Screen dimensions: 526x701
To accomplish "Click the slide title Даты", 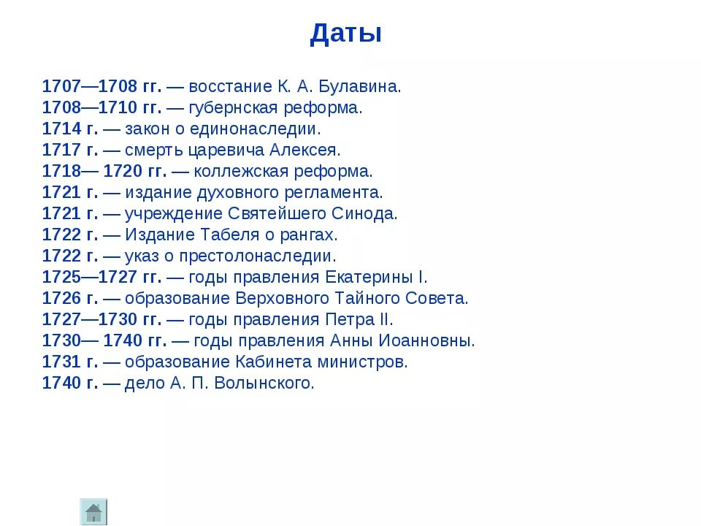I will [x=345, y=34].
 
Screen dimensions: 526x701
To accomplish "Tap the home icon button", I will [x=93, y=511].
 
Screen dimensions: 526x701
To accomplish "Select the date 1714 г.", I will [x=69, y=129].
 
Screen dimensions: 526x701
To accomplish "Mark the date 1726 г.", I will [x=69, y=299].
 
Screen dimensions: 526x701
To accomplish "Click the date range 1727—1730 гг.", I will [x=101, y=320].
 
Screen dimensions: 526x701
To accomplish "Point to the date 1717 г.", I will [x=69, y=150].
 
